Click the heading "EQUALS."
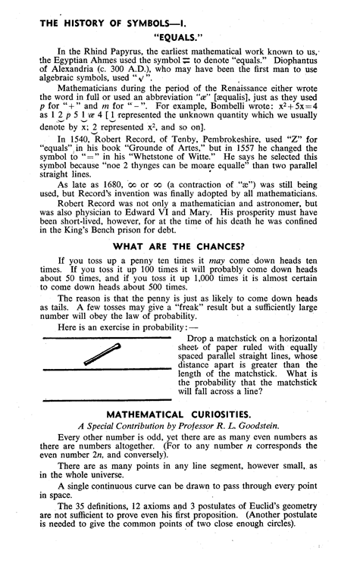tap(180, 35)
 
